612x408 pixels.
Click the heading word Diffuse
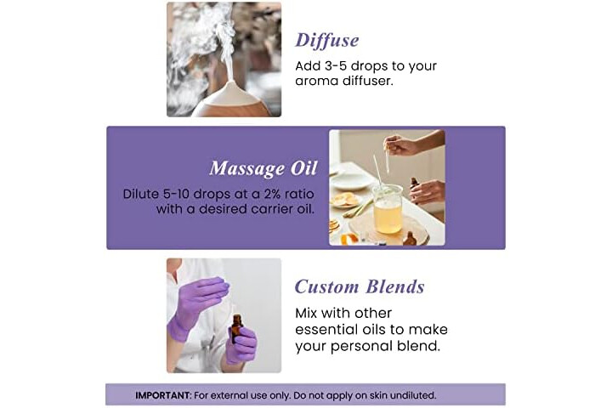pos(326,41)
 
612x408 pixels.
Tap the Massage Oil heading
pos(263,168)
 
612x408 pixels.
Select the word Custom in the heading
pos(326,287)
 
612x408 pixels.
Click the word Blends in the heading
pos(395,287)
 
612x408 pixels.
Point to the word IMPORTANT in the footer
pos(163,395)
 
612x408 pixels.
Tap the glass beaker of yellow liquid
pos(388,208)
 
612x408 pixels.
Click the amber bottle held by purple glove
pos(236,328)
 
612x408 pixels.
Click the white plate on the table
pos(350,180)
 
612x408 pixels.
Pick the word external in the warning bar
pos(229,395)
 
